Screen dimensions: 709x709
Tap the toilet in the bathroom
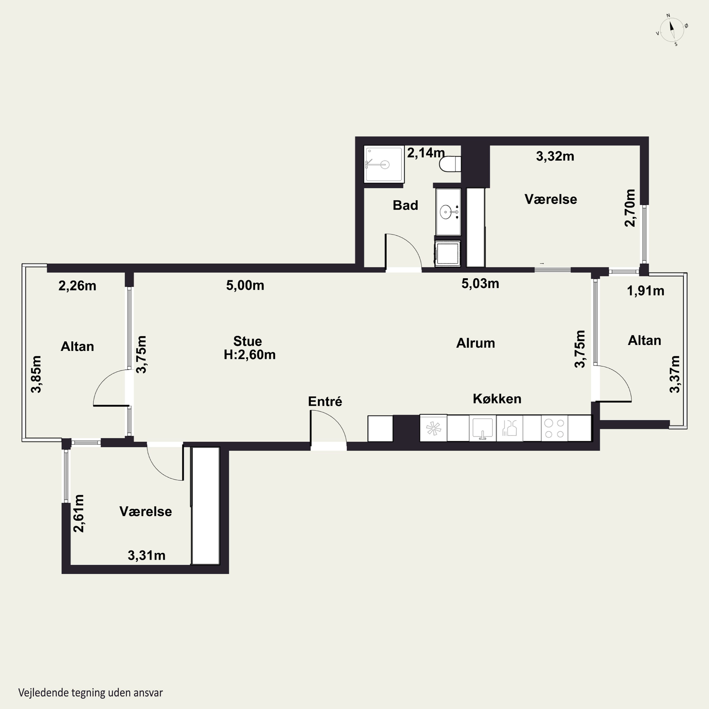point(450,164)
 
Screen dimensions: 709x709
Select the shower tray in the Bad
point(384,164)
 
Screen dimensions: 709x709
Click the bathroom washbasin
point(448,212)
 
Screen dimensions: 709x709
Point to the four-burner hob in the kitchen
point(554,428)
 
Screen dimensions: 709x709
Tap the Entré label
point(325,402)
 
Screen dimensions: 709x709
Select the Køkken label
point(497,399)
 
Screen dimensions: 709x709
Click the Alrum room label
point(476,343)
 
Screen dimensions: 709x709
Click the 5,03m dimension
point(480,284)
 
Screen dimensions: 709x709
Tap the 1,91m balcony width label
point(645,291)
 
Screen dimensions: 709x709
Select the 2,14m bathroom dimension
point(426,153)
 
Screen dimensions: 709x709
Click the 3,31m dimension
point(147,556)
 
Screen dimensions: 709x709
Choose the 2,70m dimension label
point(630,208)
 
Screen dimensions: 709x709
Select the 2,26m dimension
point(78,286)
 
